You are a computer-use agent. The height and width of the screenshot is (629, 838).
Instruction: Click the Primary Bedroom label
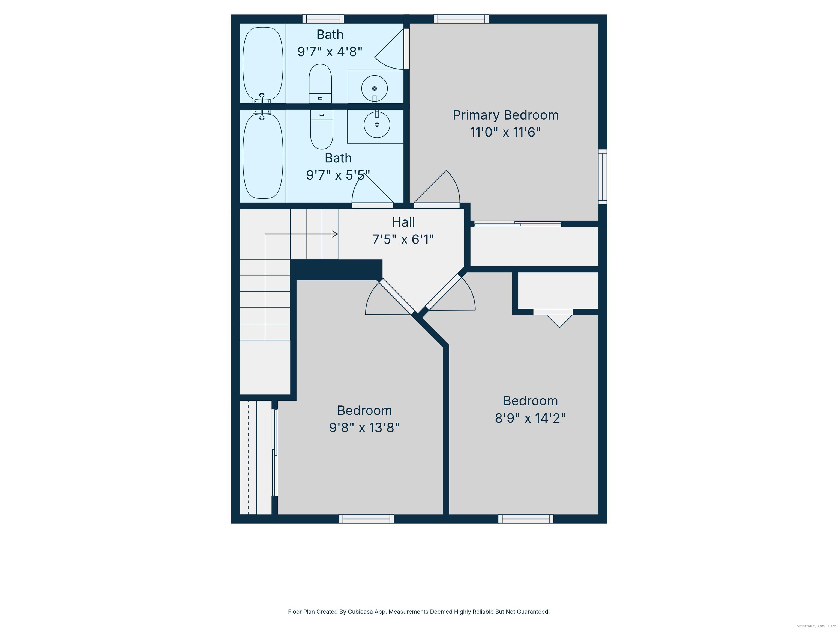coord(505,115)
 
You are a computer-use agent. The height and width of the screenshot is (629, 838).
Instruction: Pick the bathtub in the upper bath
coord(262,63)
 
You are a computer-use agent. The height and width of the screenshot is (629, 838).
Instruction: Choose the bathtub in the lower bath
coord(262,156)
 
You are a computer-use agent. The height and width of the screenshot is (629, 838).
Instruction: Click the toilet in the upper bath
coord(320,84)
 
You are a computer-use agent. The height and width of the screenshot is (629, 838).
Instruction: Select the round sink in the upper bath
coord(374,88)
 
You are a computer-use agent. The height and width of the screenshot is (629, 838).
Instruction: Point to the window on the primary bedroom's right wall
coord(602,177)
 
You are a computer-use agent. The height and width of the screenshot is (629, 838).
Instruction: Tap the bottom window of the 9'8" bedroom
coord(366,519)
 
